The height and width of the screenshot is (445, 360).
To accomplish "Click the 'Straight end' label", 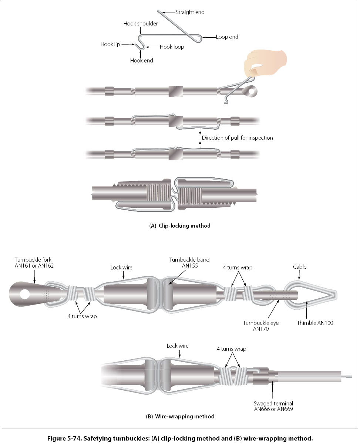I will (x=190, y=12).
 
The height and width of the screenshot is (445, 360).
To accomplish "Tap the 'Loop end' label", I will (x=227, y=37).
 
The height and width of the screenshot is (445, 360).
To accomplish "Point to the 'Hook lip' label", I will (x=110, y=44).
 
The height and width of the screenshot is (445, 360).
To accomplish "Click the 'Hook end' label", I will (x=141, y=60).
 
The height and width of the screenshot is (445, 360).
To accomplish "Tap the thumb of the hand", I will (x=255, y=69).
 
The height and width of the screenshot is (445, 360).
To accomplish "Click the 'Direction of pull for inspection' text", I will (x=237, y=138).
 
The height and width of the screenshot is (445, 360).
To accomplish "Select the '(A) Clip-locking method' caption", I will (x=179, y=225).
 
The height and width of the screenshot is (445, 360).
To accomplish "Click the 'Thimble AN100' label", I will (x=315, y=323).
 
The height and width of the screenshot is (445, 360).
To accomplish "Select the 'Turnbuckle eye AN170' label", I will (x=260, y=326).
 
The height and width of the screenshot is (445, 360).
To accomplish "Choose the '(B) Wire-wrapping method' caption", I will (x=180, y=416).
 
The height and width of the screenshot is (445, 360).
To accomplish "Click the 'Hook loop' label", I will (x=172, y=47).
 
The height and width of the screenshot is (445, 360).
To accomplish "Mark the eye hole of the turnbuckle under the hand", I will (x=252, y=90).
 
